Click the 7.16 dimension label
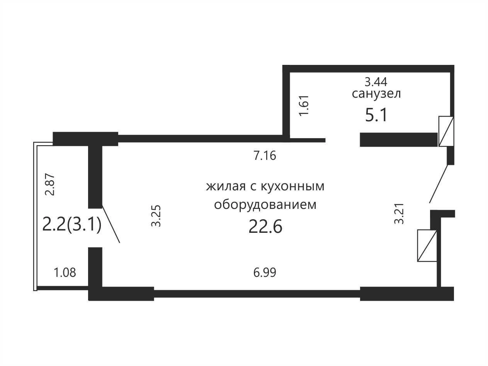(x=265, y=156)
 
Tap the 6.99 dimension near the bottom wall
(x=265, y=273)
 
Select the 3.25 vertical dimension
(x=156, y=216)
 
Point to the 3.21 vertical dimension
(x=399, y=213)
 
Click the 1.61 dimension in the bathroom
(x=304, y=105)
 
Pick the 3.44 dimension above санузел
(x=376, y=82)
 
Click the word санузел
(x=376, y=94)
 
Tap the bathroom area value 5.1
(x=376, y=115)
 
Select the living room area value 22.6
(x=265, y=226)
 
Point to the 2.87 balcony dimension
(x=50, y=184)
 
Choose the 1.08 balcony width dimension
(x=65, y=273)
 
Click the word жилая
(x=226, y=186)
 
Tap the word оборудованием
(x=265, y=205)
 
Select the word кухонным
(x=292, y=186)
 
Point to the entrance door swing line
(x=439, y=184)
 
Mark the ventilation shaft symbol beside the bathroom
(x=446, y=132)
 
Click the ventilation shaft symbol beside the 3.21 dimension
(x=427, y=246)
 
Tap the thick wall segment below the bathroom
(x=399, y=139)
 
